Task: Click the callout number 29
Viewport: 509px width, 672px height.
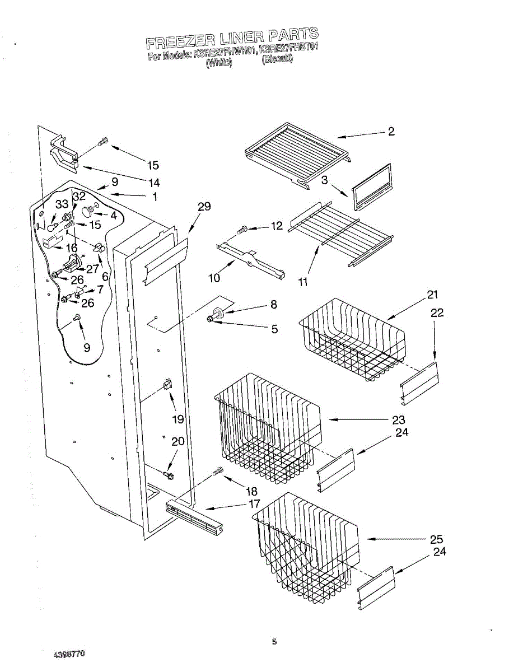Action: click(x=204, y=207)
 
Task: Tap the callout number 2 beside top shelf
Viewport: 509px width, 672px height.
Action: click(x=391, y=132)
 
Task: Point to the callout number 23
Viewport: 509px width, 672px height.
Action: click(x=399, y=419)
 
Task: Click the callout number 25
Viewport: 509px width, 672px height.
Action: click(x=436, y=539)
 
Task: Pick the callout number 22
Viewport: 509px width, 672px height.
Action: click(x=437, y=313)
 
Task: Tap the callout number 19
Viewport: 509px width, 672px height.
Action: click(x=178, y=419)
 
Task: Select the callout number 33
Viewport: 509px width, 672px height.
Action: click(x=61, y=205)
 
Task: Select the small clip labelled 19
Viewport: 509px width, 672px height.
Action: click(x=167, y=384)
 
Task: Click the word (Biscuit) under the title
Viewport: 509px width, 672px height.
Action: click(x=277, y=59)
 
